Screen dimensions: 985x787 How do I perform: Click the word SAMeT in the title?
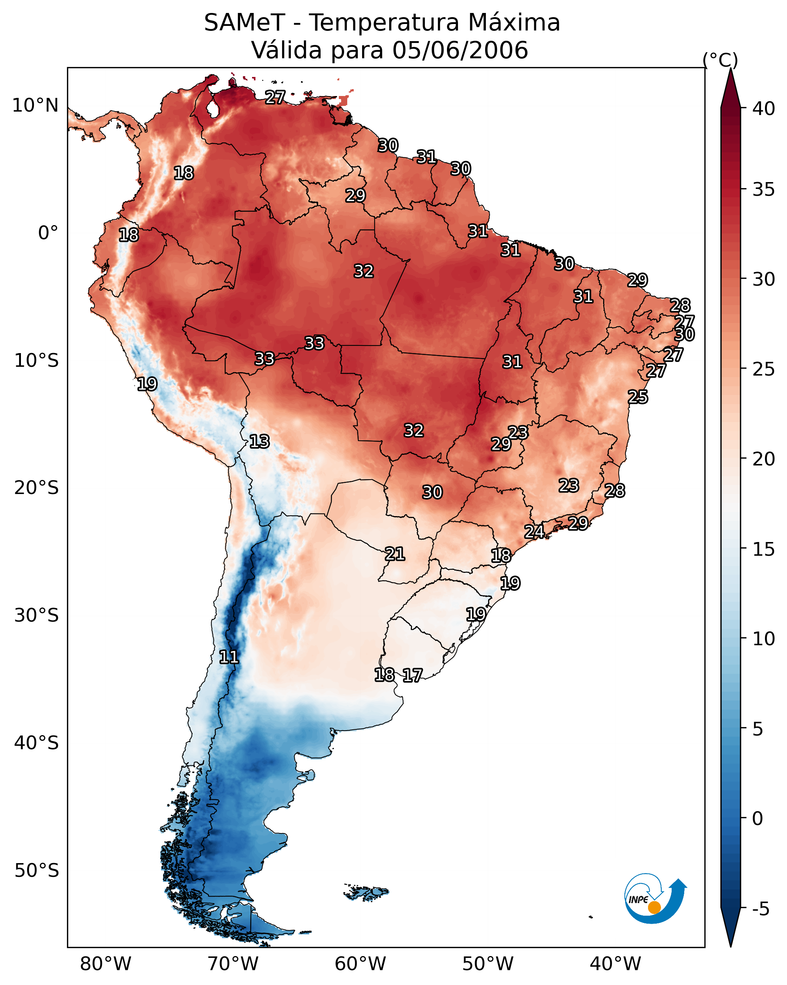point(244,23)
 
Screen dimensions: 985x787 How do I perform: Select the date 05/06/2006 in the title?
point(460,50)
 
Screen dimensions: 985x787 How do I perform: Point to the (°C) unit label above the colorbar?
point(720,60)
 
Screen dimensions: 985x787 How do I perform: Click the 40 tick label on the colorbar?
point(764,109)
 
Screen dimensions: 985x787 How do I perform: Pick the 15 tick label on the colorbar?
point(764,549)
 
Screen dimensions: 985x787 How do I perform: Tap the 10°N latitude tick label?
point(35,106)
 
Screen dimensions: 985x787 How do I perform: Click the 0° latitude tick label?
point(48,233)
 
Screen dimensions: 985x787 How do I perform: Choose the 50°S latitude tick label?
point(37,871)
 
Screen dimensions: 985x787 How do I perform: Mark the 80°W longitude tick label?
point(105,964)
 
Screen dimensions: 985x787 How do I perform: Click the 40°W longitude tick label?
point(615,964)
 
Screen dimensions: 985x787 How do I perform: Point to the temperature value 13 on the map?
point(259,441)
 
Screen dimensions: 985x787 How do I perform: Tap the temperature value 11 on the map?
point(229,657)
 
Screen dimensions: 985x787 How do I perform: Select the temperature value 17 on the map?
point(412,675)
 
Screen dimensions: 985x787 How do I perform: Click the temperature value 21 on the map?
point(394,554)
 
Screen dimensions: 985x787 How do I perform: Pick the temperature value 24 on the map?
point(534,531)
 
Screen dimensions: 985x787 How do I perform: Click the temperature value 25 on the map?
point(638,397)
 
